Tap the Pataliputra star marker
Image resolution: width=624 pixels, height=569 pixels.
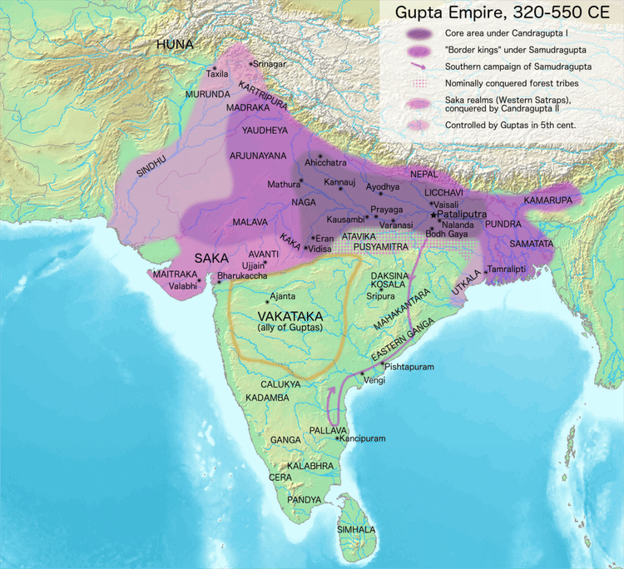click(433, 214)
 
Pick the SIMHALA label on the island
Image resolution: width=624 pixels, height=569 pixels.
click(356, 530)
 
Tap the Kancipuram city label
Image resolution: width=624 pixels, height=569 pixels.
click(364, 438)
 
